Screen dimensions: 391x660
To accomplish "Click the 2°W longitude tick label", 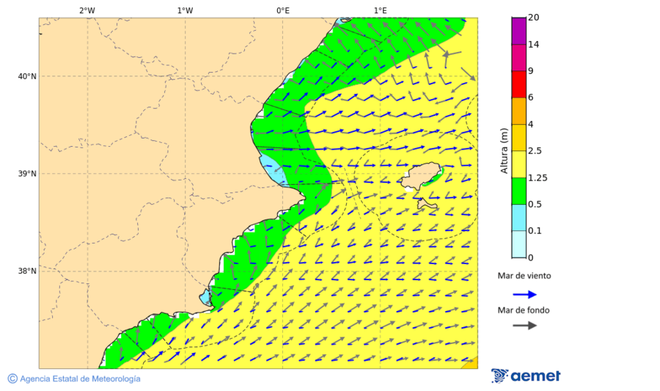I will [87, 11].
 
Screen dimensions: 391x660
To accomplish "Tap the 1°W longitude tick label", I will [185, 11].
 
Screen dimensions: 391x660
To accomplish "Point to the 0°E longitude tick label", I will [282, 11].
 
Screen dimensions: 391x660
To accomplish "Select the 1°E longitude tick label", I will [381, 11].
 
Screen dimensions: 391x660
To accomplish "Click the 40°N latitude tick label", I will [27, 76].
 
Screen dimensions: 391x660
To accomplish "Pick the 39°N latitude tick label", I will [27, 174].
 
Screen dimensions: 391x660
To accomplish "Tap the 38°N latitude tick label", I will [27, 271].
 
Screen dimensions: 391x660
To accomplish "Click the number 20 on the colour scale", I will [534, 18].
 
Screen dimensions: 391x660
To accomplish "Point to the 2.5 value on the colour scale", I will [535, 151].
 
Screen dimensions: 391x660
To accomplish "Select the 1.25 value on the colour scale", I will [537, 178].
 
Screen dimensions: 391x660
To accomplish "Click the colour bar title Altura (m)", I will [504, 150].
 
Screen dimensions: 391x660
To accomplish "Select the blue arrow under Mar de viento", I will [524, 294].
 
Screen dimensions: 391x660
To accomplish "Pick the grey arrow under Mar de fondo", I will [524, 325].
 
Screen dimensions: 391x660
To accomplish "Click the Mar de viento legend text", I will [524, 277].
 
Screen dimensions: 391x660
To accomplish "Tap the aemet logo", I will [526, 376].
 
